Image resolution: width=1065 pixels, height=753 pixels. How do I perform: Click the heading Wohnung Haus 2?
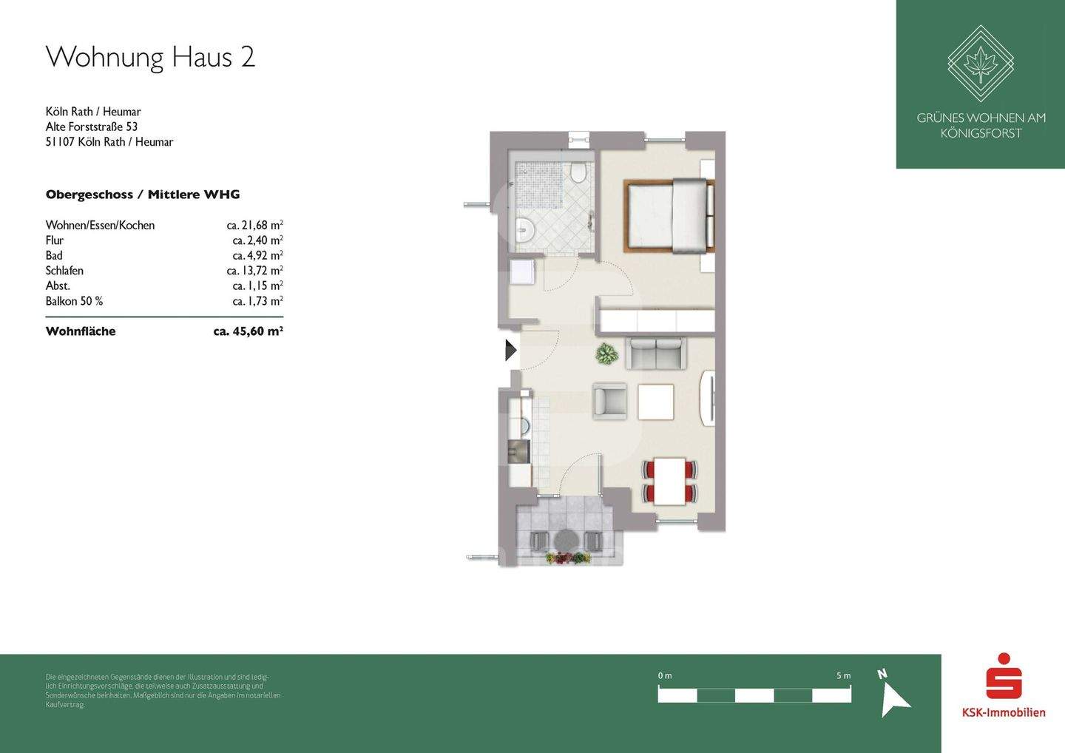pyautogui.click(x=150, y=57)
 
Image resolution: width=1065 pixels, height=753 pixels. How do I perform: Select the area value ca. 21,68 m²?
pyautogui.click(x=254, y=225)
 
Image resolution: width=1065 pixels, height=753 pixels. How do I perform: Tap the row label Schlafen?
pyautogui.click(x=64, y=271)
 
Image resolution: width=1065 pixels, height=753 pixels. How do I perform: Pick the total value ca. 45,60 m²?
pyautogui.click(x=248, y=331)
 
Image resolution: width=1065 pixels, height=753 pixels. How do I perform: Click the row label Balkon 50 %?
pyautogui.click(x=74, y=301)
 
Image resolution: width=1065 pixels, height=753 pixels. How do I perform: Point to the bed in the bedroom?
pyautogui.click(x=669, y=215)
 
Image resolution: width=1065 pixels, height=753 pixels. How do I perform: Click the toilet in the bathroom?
pyautogui.click(x=578, y=173)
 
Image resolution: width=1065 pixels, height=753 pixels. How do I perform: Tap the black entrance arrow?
pyautogui.click(x=510, y=350)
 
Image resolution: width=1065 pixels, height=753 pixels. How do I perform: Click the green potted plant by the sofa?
pyautogui.click(x=607, y=355)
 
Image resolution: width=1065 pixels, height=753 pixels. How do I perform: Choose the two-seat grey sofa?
pyautogui.click(x=655, y=353)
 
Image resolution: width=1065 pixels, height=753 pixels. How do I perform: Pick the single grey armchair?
pyautogui.click(x=610, y=400)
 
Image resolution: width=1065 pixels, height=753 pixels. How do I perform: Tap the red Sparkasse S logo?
pyautogui.click(x=1004, y=675)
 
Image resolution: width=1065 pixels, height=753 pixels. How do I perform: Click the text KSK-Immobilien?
pyautogui.click(x=1004, y=712)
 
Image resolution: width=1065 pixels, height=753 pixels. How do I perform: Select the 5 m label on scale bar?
pyautogui.click(x=843, y=676)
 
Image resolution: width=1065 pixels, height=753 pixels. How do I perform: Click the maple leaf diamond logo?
pyautogui.click(x=981, y=64)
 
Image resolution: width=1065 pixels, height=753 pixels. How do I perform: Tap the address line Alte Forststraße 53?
pyautogui.click(x=92, y=126)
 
